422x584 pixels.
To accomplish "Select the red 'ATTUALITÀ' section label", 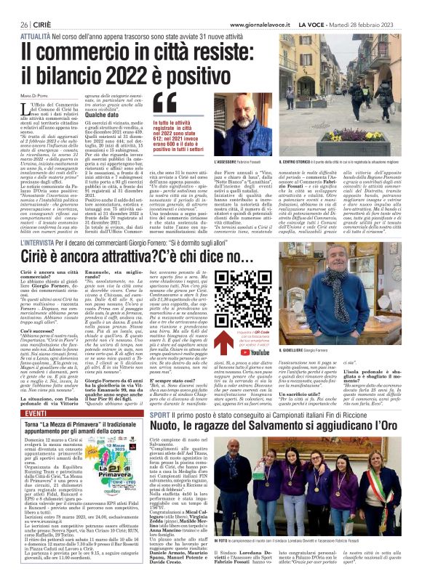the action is click(35, 35).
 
